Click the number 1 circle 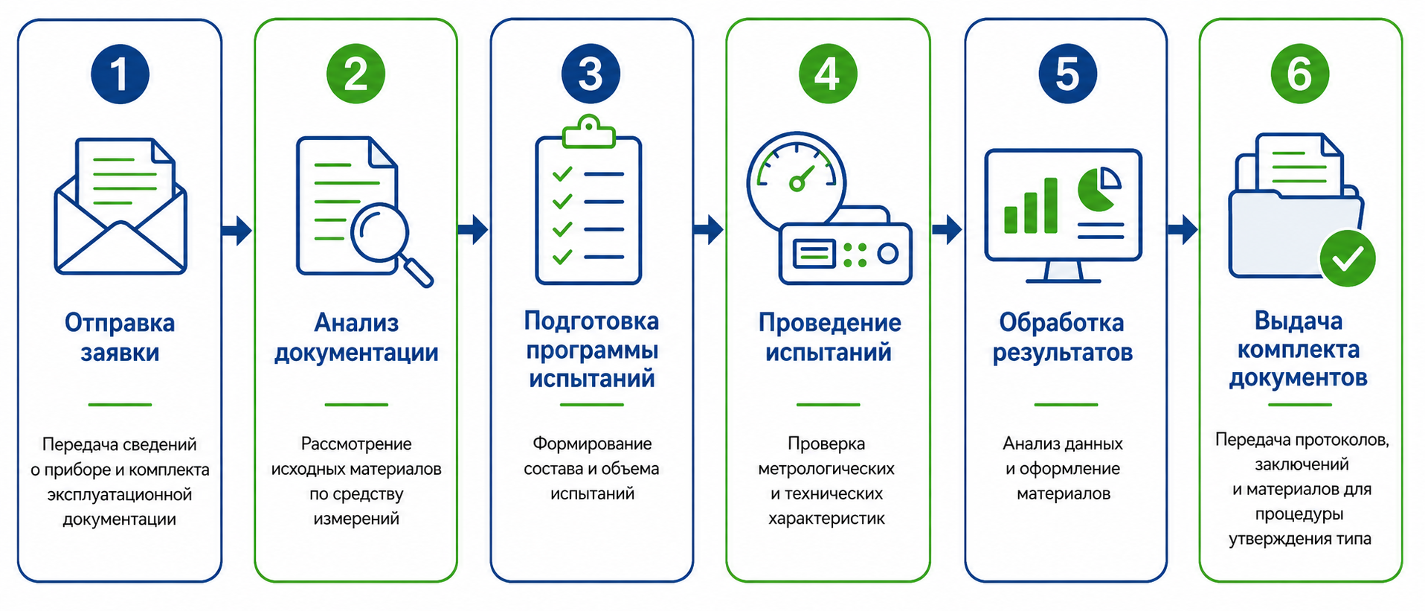120,74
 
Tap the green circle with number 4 828,74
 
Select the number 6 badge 1299,74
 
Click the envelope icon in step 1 120,206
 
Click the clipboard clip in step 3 589,132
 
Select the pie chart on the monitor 1099,188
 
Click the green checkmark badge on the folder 1348,258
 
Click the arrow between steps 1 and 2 237,229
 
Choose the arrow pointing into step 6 1183,229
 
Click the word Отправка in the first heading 120,323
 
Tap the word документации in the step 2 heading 356,353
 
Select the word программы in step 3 592,351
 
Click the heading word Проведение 829,323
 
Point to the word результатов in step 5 1063,353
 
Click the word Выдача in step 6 1299,321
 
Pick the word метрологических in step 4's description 826,469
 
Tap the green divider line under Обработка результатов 1066,405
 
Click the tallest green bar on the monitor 1050,205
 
